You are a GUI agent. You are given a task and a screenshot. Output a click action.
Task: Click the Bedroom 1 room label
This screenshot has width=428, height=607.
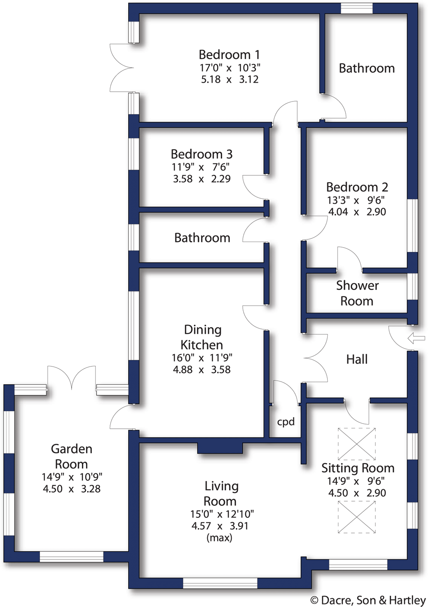coord(229,55)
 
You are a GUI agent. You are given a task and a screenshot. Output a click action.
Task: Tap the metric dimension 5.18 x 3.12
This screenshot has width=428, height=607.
coord(229,80)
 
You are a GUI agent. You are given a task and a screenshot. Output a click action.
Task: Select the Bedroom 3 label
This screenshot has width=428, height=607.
coord(201,154)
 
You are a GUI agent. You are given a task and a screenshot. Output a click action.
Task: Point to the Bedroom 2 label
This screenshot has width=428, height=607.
coord(357,187)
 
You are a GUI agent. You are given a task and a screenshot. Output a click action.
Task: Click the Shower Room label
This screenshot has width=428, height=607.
coord(357,293)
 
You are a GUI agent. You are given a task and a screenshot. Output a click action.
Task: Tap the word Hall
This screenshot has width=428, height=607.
coord(357,359)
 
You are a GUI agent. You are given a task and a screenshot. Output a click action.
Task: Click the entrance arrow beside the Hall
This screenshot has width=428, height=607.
coord(416,338)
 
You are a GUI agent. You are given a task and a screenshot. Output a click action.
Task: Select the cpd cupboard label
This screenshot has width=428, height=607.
coord(286,422)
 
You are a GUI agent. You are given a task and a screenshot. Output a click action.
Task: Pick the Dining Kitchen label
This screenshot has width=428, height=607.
coord(202,337)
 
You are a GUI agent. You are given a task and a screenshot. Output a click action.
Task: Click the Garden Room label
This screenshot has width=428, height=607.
coord(71,456)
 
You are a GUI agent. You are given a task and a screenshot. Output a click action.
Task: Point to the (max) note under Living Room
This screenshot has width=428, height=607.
coord(219,538)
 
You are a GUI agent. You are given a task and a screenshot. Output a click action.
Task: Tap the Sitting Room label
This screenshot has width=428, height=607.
coord(358,468)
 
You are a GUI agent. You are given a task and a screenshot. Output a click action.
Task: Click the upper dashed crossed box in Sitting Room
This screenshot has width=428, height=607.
coord(356,444)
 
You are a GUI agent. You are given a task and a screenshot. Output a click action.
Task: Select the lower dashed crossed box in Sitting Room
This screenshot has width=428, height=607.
coord(356,517)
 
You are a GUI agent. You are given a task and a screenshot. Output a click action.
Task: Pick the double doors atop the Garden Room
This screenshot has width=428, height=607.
coord(72,377)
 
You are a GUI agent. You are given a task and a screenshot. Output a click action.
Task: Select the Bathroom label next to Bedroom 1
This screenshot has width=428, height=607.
coord(366,69)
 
